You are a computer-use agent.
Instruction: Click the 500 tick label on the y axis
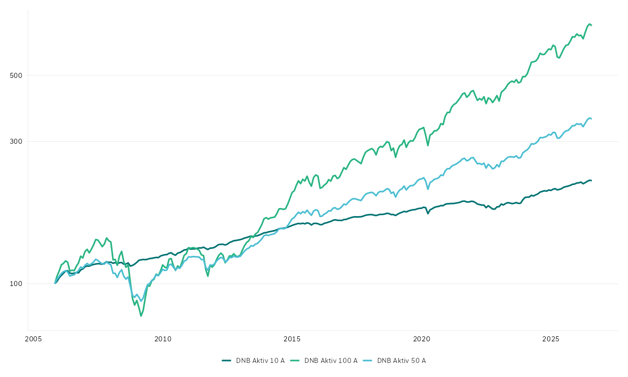coord(16,75)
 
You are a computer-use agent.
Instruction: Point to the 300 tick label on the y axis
coord(16,141)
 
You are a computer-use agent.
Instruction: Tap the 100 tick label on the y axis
coord(16,284)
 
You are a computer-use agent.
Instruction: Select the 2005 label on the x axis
coord(33,339)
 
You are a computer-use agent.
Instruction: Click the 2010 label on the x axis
coord(163,339)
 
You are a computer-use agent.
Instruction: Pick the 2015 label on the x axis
coord(292,339)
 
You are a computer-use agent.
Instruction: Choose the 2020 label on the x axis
coord(422,339)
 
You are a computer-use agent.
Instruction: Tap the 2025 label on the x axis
coord(551,339)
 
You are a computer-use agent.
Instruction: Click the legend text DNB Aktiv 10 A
coord(260,361)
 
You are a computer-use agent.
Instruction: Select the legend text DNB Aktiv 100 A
coord(331,361)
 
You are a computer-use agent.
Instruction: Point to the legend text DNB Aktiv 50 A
coord(401,361)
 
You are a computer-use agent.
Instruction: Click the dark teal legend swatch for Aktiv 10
coord(227,360)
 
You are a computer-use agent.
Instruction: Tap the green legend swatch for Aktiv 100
coord(295,360)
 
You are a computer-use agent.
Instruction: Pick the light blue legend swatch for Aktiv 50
coord(368,360)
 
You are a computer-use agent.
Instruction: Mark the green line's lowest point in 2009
coord(141,316)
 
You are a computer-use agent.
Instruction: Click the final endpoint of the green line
coord(591,25)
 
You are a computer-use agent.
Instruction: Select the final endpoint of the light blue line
coord(591,119)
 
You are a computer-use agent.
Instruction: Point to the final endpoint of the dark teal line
coord(591,180)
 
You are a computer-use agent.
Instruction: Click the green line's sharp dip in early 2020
coord(428,145)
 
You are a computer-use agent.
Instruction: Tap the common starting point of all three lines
coord(55,284)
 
